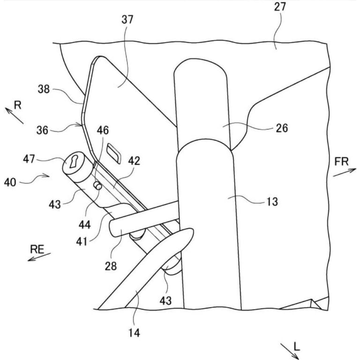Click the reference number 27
click(x=280, y=7)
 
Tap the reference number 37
click(x=127, y=20)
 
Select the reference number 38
click(x=44, y=89)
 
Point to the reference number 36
click(x=43, y=130)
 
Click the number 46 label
click(x=103, y=130)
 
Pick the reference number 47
click(x=29, y=159)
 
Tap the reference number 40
click(x=10, y=183)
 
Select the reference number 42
click(x=134, y=161)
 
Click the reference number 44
click(x=85, y=225)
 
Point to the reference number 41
click(x=82, y=241)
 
